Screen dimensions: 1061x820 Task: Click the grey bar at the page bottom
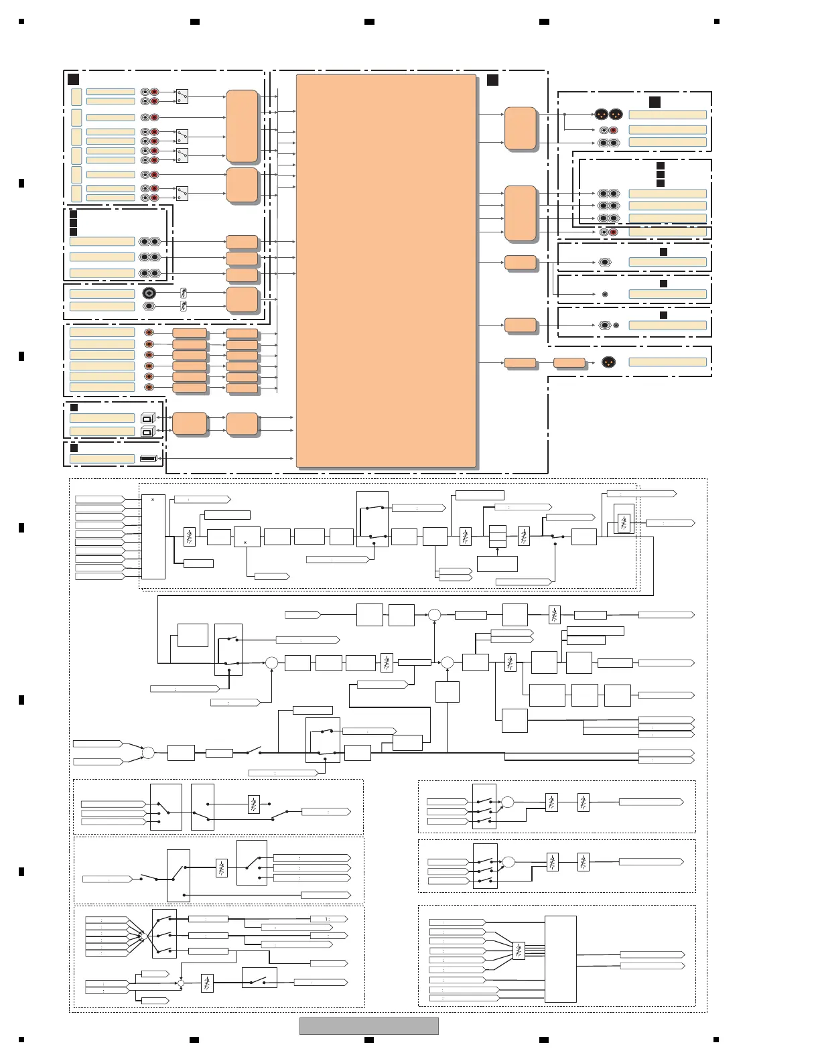[368, 1025]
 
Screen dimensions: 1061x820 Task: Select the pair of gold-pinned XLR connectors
[608, 114]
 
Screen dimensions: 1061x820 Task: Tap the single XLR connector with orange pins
[608, 362]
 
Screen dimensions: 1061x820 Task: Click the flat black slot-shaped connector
[148, 458]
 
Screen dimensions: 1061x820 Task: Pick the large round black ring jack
[149, 293]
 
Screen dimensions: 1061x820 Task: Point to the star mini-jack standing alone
[605, 294]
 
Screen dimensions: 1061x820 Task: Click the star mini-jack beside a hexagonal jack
[616, 326]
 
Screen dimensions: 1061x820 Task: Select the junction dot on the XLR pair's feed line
[564, 115]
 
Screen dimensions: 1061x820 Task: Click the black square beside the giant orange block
[492, 80]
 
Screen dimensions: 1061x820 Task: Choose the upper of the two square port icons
[148, 418]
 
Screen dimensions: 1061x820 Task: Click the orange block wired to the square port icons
[190, 424]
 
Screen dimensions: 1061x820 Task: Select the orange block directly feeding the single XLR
[569, 362]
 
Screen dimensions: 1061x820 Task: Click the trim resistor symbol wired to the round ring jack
[184, 293]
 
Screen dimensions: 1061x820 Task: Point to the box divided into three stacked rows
[497, 536]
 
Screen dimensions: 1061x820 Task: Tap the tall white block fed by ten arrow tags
[153, 537]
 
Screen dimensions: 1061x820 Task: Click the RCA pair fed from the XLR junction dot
[608, 130]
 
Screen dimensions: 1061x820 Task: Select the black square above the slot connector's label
[74, 447]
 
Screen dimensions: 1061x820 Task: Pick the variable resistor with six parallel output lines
[518, 950]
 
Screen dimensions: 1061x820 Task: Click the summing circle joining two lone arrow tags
[148, 753]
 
